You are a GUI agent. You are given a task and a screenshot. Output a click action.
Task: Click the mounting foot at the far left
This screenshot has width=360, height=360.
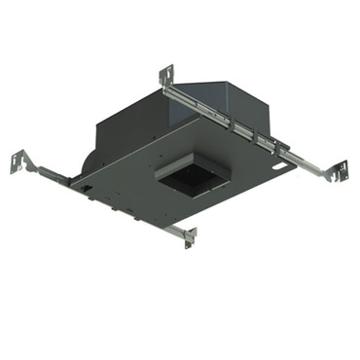coord(18,161)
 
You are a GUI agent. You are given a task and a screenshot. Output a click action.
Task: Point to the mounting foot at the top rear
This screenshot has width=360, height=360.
coord(166,75)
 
